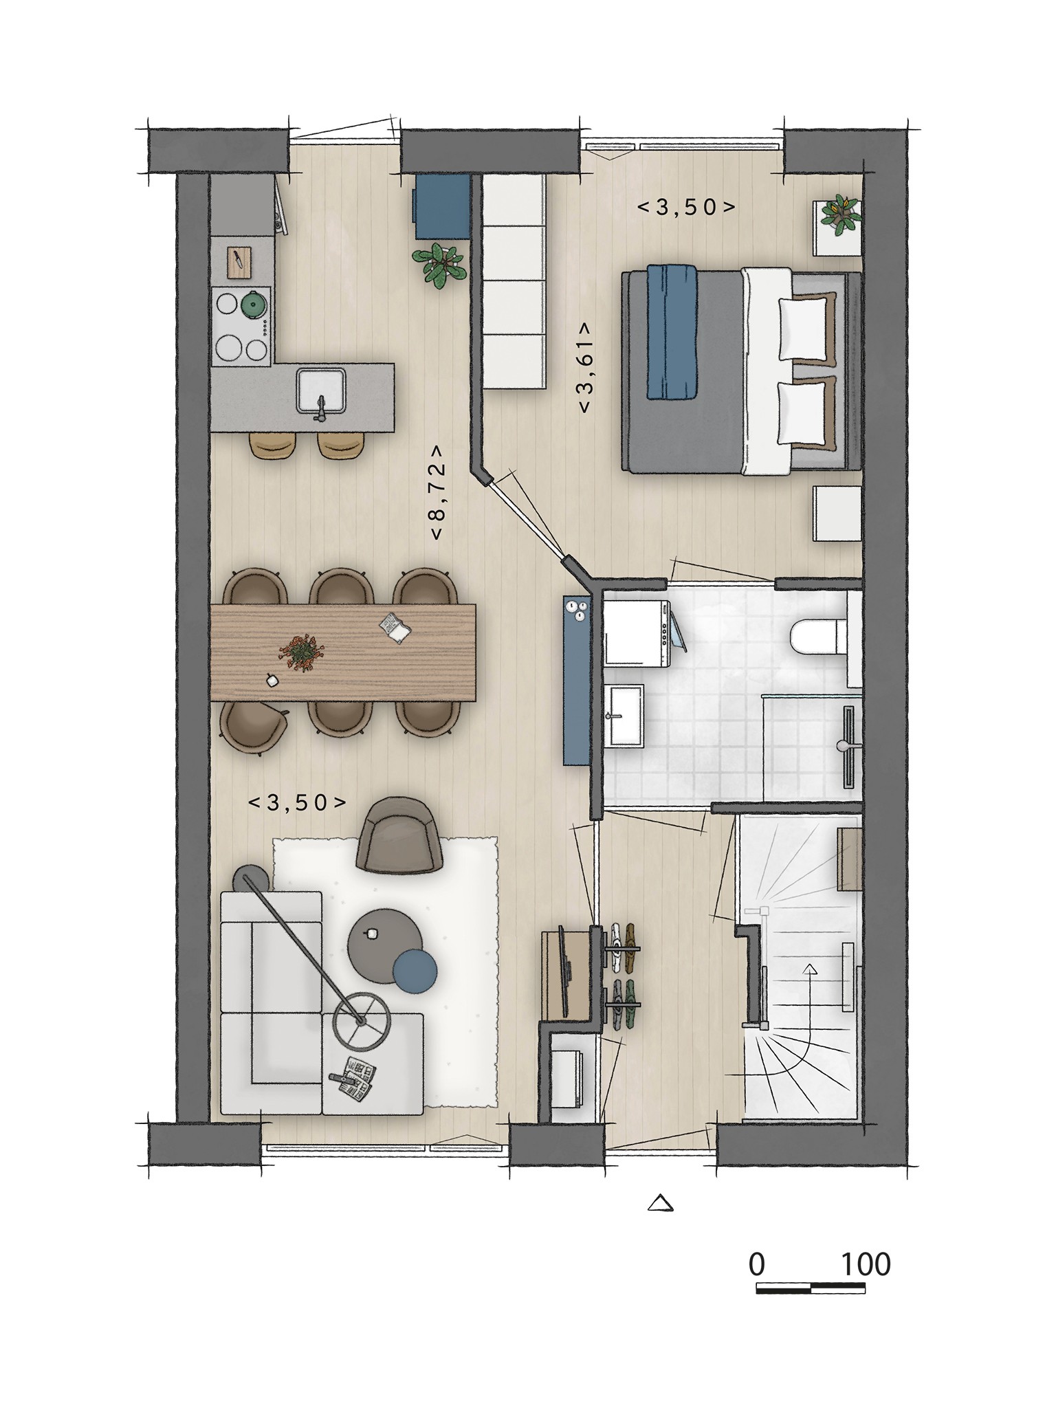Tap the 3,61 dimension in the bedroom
click(x=585, y=367)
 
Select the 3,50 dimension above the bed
click(x=687, y=206)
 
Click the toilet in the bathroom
click(x=816, y=637)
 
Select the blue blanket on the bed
click(x=672, y=332)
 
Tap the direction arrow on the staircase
click(x=810, y=998)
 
